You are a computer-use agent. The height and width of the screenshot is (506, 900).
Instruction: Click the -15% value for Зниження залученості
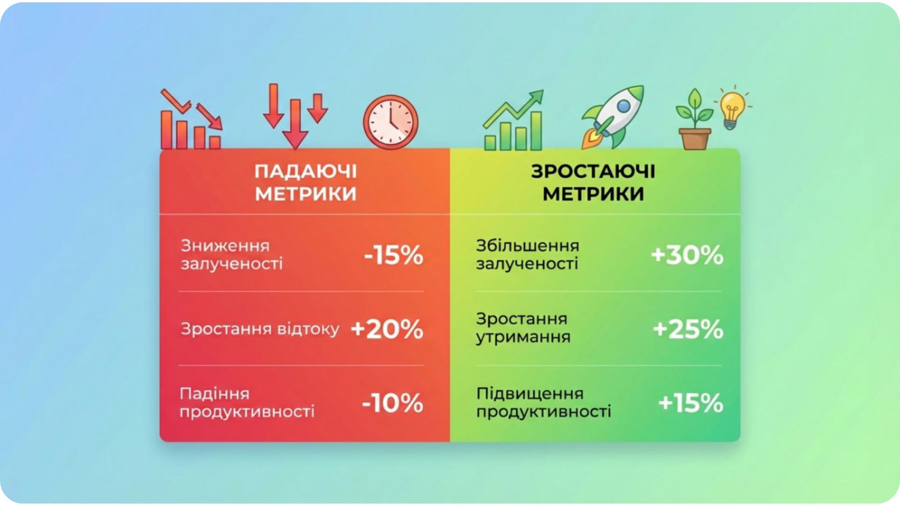(x=394, y=255)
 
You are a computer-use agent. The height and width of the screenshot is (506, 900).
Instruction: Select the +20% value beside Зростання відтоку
(x=387, y=329)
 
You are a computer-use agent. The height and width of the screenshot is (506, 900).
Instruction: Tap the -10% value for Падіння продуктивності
(x=393, y=403)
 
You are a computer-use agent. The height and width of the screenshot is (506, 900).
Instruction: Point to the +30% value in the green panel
(x=687, y=255)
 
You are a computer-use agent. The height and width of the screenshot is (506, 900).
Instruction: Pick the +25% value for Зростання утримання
(x=688, y=329)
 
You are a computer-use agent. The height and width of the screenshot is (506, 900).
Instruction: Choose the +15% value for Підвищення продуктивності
(x=690, y=403)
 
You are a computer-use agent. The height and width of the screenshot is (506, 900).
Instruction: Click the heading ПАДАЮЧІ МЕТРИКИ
(x=306, y=183)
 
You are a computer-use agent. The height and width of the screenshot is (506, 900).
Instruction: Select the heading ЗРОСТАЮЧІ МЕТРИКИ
(x=593, y=183)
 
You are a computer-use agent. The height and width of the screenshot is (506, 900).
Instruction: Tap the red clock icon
(x=390, y=123)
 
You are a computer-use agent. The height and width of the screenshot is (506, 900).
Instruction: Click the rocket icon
(x=613, y=117)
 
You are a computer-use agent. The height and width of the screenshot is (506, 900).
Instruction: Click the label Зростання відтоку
(x=260, y=329)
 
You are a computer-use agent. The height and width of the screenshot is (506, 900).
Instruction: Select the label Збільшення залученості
(x=527, y=255)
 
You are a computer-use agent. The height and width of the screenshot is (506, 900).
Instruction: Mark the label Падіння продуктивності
(x=247, y=403)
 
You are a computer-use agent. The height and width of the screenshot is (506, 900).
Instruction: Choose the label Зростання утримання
(x=523, y=328)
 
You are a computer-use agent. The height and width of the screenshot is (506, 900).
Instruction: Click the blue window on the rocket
(x=623, y=106)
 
